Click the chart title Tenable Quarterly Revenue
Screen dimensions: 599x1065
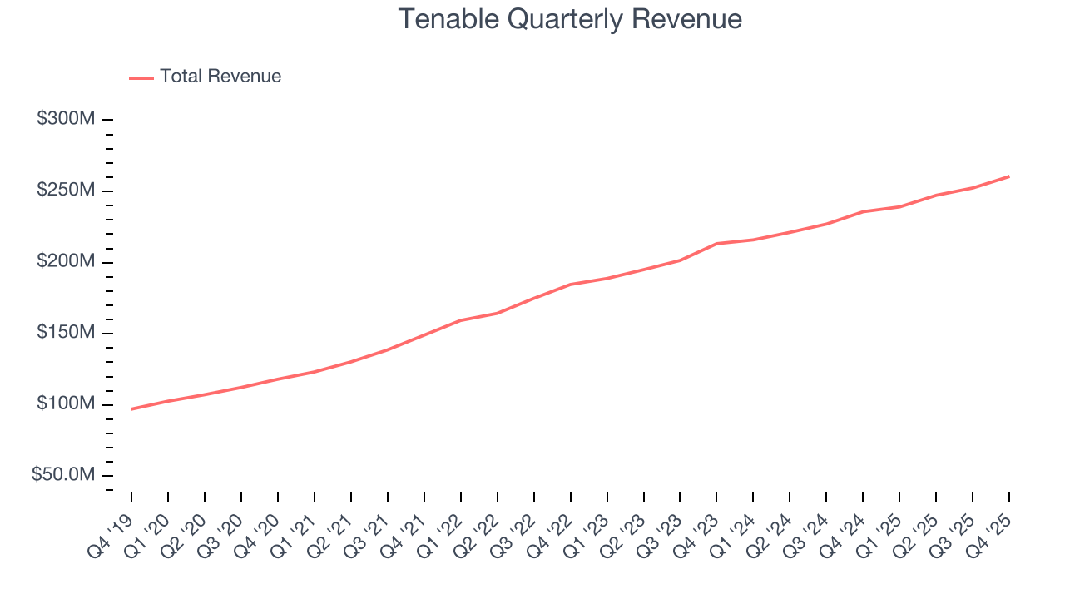(x=570, y=19)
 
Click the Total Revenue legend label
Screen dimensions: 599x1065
(x=220, y=77)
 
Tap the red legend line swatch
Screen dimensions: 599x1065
(x=141, y=77)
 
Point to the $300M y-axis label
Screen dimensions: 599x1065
(x=66, y=119)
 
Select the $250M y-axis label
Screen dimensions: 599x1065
(x=66, y=191)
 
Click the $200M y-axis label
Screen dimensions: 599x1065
(x=66, y=262)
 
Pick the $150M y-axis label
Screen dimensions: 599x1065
(x=66, y=333)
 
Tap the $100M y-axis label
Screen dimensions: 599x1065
(x=66, y=404)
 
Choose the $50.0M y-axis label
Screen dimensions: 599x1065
(x=63, y=475)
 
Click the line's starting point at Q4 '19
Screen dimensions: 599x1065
(x=131, y=409)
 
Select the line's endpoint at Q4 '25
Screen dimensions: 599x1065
(x=1009, y=176)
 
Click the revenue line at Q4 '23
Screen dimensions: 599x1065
(x=716, y=244)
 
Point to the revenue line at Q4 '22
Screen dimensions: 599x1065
(x=570, y=285)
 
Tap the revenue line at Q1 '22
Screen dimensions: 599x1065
(x=460, y=320)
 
